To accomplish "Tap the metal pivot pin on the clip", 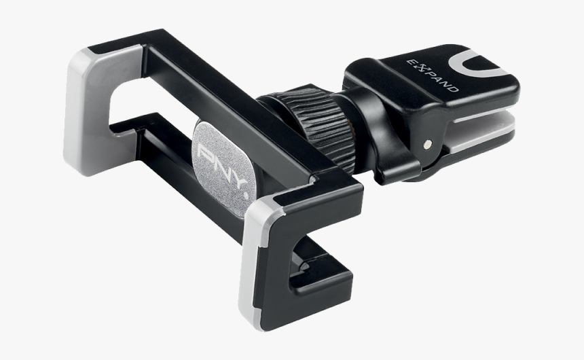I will (x=426, y=144).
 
